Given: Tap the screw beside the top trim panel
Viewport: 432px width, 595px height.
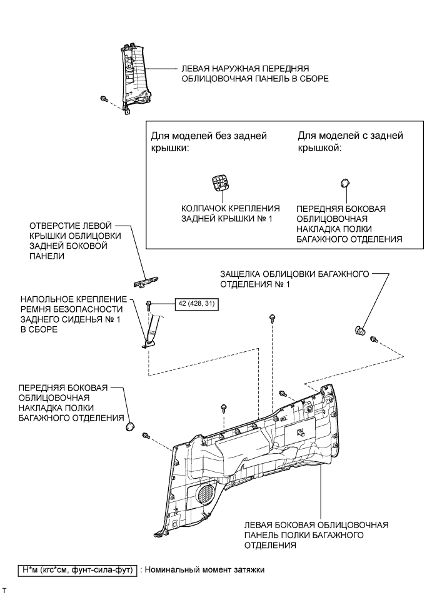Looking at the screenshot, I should (x=104, y=99).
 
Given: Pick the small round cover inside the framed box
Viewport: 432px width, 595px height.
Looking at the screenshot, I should (x=344, y=182).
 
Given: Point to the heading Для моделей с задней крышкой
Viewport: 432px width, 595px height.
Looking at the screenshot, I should (x=350, y=141).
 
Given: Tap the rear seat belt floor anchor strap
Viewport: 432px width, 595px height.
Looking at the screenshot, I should (x=152, y=328).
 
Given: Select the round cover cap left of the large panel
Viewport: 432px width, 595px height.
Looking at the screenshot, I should (x=131, y=426).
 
